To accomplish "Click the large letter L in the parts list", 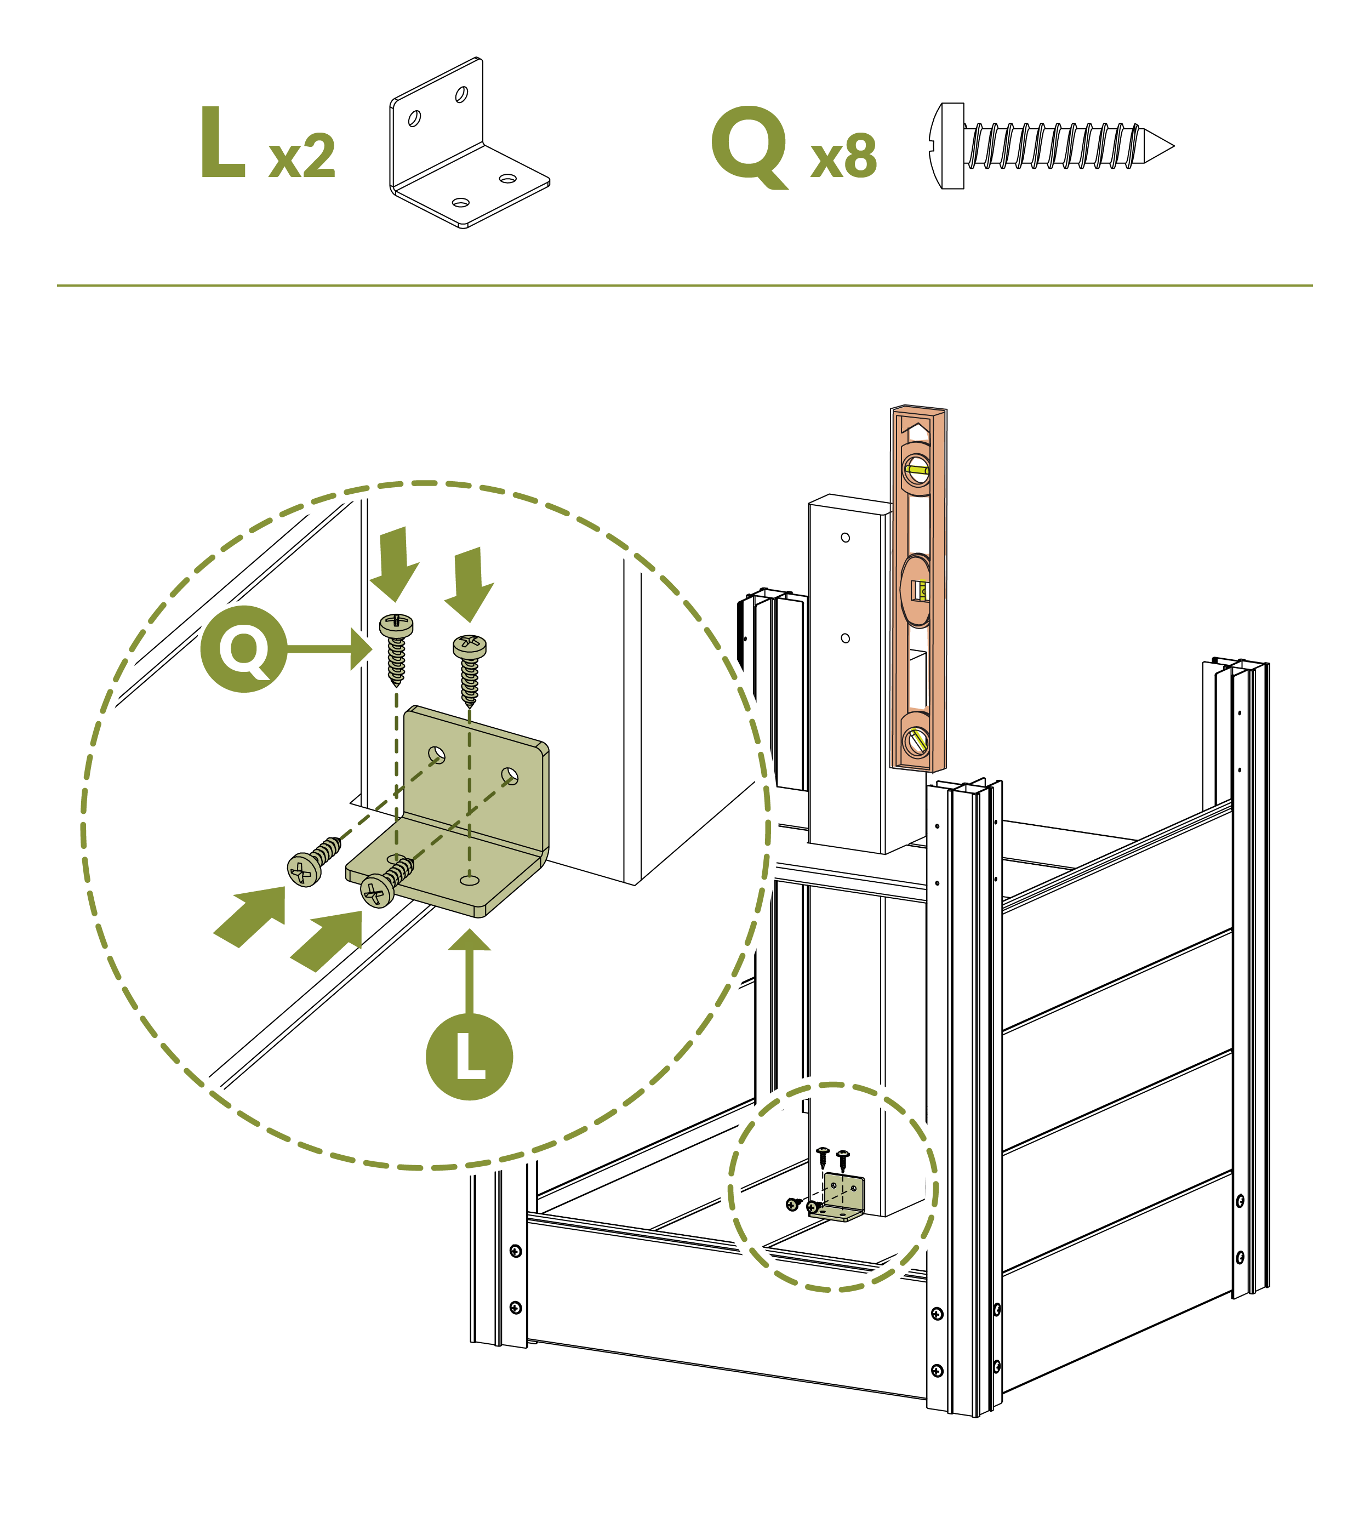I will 223,142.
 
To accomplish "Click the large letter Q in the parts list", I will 750,145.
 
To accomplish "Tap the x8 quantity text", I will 843,157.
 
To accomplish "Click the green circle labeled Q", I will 244,648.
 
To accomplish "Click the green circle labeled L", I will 469,1057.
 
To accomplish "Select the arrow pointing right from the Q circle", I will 331,648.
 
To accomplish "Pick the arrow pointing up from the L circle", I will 470,971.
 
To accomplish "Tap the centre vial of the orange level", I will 918,591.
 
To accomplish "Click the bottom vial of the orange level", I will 917,741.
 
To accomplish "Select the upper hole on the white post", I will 846,538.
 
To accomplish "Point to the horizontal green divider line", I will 684,286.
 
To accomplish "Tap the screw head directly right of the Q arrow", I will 396,625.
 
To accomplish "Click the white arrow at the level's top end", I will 917,431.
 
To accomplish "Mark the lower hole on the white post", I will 846,638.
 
